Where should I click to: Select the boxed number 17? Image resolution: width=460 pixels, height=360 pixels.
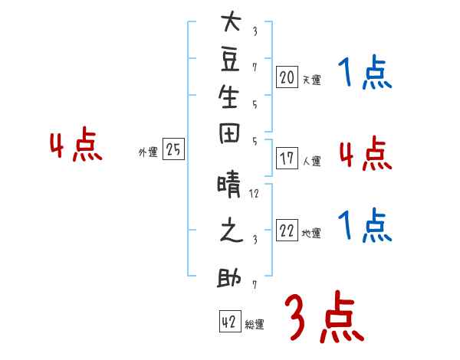coord(287,159)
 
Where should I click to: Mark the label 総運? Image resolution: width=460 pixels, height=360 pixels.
coord(255,325)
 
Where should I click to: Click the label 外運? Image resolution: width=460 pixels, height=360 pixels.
coord(148,152)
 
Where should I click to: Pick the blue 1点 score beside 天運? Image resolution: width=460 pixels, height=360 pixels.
coord(364,75)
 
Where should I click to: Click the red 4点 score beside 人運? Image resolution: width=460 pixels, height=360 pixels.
coord(364,154)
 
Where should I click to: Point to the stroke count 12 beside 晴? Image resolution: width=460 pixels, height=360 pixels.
coord(255,193)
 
